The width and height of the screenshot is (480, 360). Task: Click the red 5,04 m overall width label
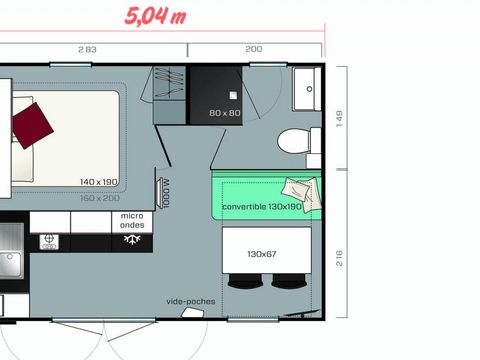point(155,16)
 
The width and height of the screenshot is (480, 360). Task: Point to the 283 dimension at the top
point(87,50)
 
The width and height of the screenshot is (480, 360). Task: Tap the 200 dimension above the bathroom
point(254,49)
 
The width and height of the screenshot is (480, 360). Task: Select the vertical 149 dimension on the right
point(339,118)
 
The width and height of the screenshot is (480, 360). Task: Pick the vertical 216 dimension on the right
point(339,258)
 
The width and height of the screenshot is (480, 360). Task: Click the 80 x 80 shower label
point(225,113)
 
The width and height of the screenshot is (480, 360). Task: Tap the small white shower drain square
point(233,95)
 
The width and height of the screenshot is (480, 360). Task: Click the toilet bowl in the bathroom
point(293,141)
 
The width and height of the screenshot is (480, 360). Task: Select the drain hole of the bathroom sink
point(309,89)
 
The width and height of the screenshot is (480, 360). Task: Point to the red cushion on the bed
point(33,125)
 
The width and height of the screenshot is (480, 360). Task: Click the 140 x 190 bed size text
point(99,182)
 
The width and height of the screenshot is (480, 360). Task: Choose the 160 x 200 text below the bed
point(100,198)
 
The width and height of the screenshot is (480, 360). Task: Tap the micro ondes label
point(132,220)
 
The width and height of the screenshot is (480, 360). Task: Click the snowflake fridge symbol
point(132,239)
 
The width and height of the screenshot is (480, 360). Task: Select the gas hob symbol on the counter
point(49,242)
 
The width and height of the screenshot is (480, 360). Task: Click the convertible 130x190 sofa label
point(262,207)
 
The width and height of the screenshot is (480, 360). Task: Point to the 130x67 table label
point(262,254)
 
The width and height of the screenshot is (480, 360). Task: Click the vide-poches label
point(191,301)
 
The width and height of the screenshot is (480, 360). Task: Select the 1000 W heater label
point(166,193)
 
